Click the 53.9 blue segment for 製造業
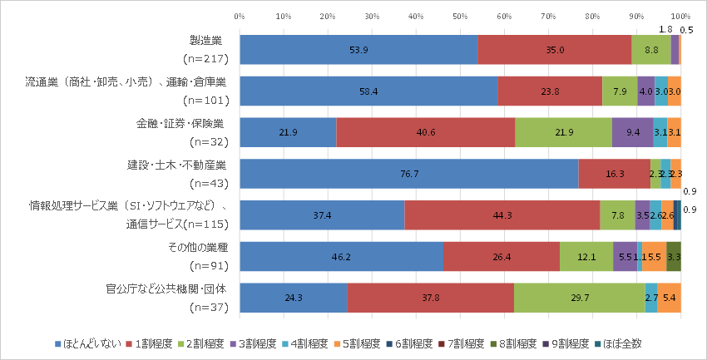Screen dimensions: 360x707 [x=358, y=50]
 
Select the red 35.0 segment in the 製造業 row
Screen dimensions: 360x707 [x=555, y=50]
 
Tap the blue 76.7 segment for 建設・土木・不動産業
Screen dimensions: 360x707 [x=408, y=174]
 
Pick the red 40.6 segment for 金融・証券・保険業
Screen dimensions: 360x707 [x=426, y=132]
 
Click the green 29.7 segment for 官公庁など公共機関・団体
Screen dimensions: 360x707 [x=580, y=298]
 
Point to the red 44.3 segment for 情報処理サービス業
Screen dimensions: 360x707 [x=502, y=215]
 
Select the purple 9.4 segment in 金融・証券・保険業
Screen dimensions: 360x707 [x=632, y=132]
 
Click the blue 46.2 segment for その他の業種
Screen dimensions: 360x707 [x=341, y=256]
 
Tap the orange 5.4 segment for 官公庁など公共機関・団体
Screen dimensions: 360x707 [x=670, y=298]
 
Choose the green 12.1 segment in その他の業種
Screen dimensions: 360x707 [x=586, y=256]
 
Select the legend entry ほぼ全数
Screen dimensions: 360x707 [x=620, y=343]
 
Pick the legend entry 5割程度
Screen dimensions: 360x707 [x=359, y=343]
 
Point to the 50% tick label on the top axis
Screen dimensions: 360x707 [x=460, y=16]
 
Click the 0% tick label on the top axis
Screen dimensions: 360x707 [x=240, y=16]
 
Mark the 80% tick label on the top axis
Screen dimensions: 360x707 [x=592, y=16]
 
